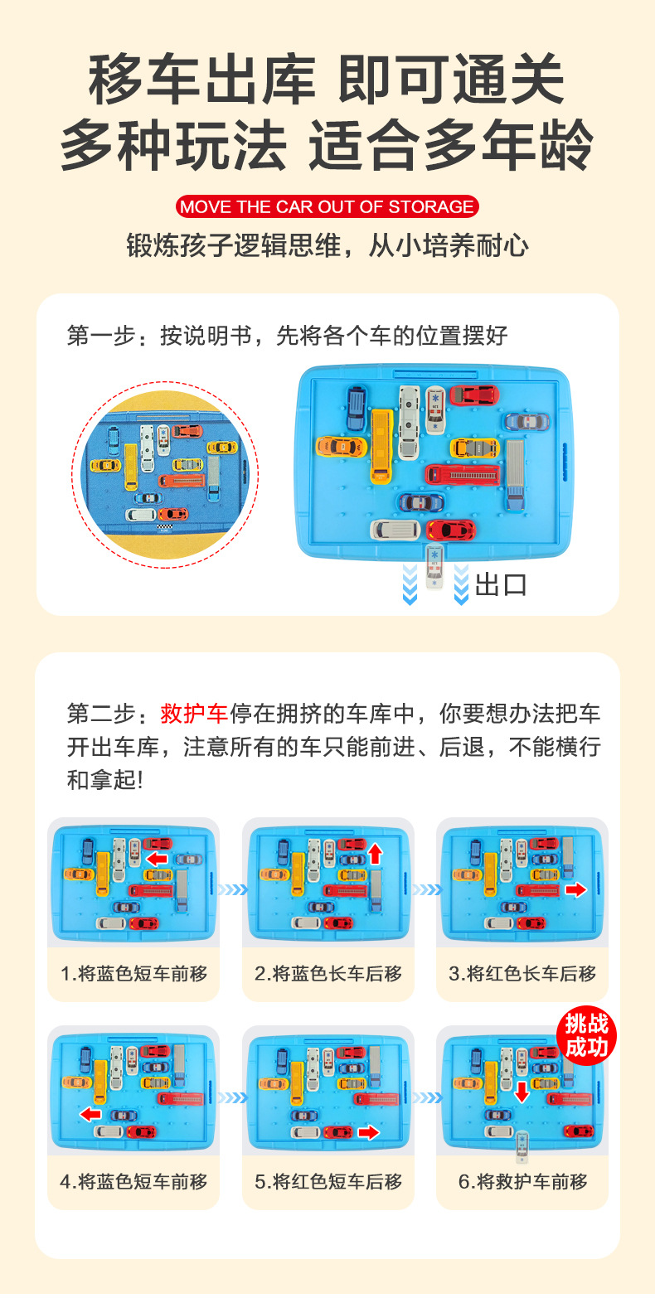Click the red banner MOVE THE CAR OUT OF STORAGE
[327, 207]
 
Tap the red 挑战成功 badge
[586, 1036]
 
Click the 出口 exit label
[501, 585]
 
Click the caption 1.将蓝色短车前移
[133, 973]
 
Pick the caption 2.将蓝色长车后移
[327, 973]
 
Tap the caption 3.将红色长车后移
[522, 973]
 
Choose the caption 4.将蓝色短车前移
[133, 1181]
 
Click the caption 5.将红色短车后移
[327, 1181]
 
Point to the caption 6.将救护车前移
[522, 1181]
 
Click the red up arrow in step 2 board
[376, 853]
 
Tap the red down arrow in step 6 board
[522, 1092]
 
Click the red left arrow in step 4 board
[90, 1114]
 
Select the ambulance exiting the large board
[434, 568]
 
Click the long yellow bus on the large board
[381, 445]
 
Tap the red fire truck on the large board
[463, 475]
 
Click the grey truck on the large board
[514, 475]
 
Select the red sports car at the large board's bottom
[451, 530]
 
